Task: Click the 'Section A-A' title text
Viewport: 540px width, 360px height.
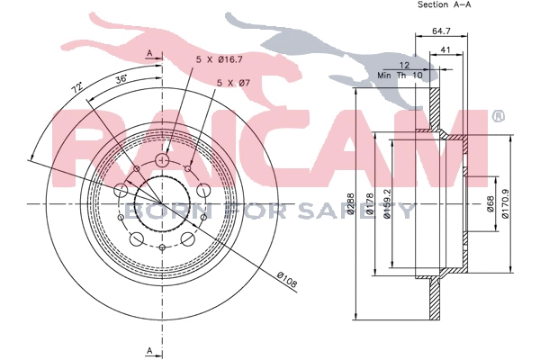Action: coord(445,4)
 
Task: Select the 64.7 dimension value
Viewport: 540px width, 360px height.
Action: coord(441,31)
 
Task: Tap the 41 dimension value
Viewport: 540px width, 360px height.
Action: coord(445,50)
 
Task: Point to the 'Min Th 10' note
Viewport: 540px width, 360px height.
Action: coord(400,75)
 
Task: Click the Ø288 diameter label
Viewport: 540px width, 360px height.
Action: coord(351,203)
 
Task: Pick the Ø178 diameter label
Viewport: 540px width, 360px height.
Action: coord(370,203)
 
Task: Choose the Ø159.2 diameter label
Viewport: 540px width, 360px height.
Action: coord(387,203)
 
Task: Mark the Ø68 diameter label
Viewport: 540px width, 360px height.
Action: coord(490,204)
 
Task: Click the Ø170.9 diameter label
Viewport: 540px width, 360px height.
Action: coord(505,204)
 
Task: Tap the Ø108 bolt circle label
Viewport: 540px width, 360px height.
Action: coord(287,279)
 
